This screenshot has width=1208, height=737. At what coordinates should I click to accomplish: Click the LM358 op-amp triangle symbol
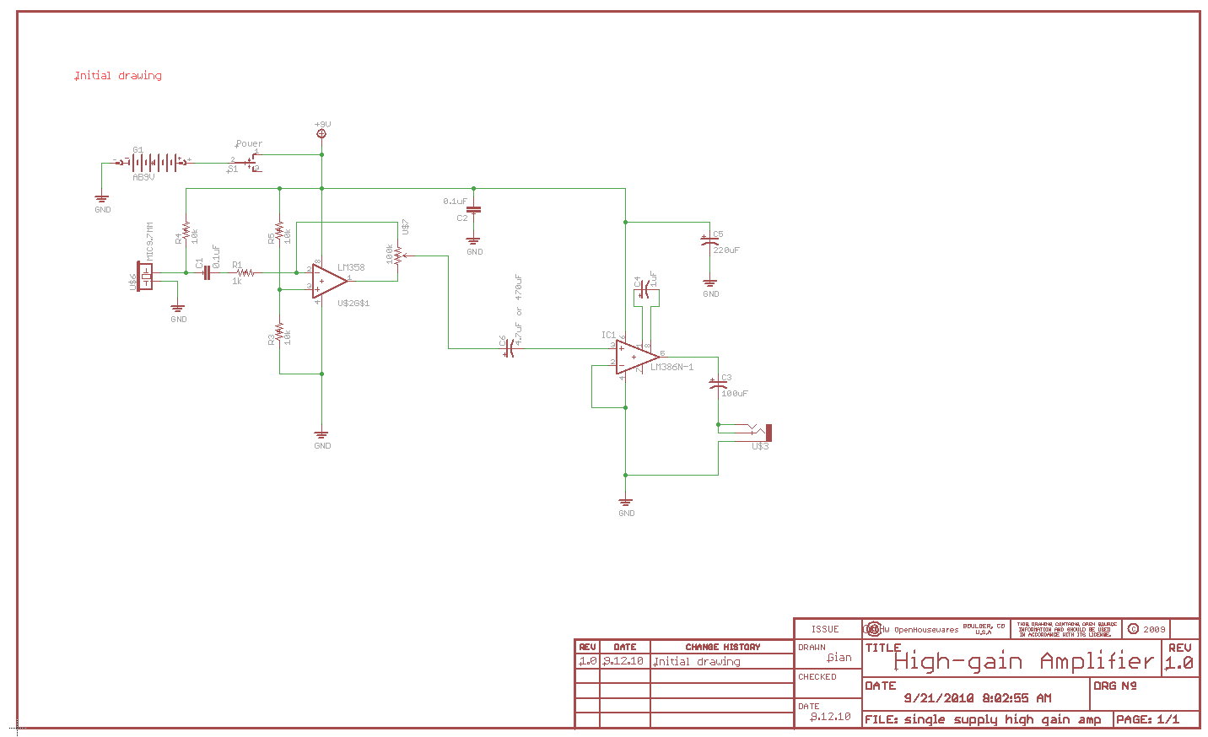[x=327, y=281]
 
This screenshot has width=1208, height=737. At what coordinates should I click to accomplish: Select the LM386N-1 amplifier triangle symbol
[x=634, y=358]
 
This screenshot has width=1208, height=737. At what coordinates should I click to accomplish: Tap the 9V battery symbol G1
[x=156, y=162]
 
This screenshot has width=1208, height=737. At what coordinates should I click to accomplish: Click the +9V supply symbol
[x=321, y=133]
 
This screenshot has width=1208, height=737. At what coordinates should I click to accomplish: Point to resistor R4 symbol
[x=186, y=232]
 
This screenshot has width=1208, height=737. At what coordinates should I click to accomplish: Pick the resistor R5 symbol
[x=279, y=232]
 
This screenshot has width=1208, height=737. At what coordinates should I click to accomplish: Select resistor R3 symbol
[x=279, y=332]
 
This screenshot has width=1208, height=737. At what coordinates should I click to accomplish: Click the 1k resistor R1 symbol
[x=245, y=272]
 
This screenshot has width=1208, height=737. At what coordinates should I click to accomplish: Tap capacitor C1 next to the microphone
[x=206, y=272]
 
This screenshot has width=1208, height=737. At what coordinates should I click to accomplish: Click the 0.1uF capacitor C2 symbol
[x=474, y=209]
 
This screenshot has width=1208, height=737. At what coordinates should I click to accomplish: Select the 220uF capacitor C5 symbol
[x=709, y=241]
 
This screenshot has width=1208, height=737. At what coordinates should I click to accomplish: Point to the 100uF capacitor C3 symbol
[x=718, y=385]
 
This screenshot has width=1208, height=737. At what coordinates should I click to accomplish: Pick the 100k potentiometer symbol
[x=397, y=255]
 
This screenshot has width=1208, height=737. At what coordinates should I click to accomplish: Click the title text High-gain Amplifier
[x=1022, y=662]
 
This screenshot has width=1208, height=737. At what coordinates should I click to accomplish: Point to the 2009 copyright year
[x=1154, y=629]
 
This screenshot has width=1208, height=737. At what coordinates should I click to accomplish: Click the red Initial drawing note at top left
[x=118, y=76]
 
